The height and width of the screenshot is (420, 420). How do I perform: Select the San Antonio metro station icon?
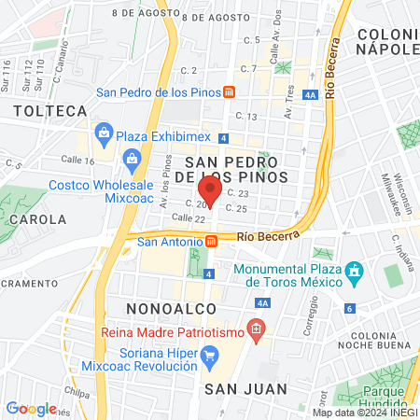(x=211, y=242)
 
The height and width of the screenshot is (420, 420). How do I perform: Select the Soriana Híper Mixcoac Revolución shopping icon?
(x=211, y=355)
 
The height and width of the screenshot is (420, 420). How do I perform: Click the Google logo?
(x=31, y=408)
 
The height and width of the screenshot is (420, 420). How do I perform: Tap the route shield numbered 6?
(x=349, y=308)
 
